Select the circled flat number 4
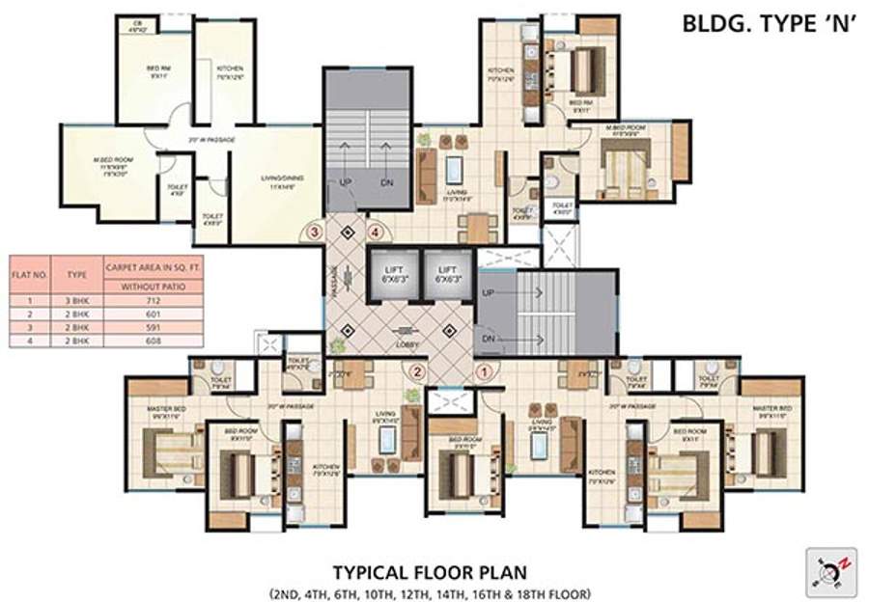(376, 232)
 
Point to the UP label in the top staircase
(342, 181)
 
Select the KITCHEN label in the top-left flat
(229, 69)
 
